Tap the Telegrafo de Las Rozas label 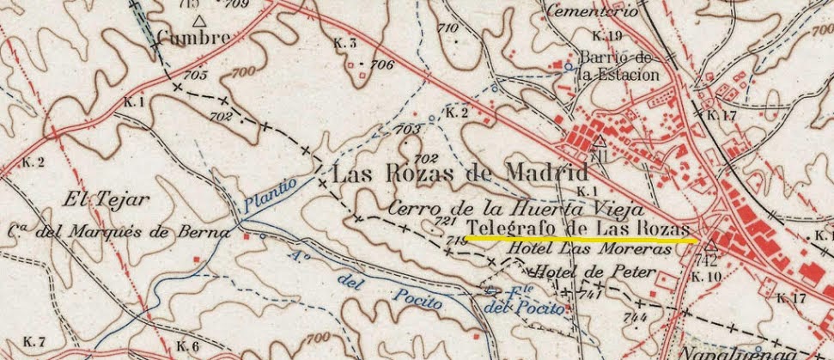pyautogui.click(x=578, y=227)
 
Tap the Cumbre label pyautogui.click(x=193, y=37)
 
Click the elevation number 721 pyautogui.click(x=446, y=223)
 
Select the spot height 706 pyautogui.click(x=382, y=65)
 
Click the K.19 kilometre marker pyautogui.click(x=606, y=36)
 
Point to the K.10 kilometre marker pyautogui.click(x=706, y=277)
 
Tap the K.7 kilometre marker pyautogui.click(x=33, y=342)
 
